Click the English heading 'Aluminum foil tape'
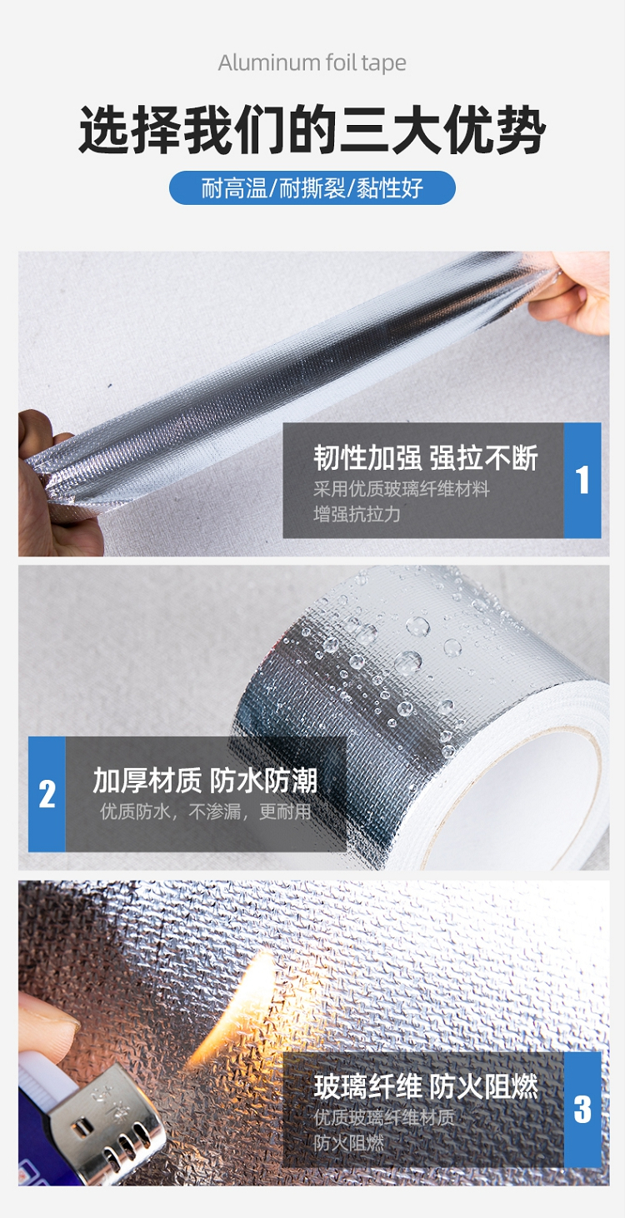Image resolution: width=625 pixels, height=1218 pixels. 312,63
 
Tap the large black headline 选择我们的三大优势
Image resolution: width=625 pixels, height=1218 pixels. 312,131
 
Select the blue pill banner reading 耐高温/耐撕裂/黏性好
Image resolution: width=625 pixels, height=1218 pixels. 312,187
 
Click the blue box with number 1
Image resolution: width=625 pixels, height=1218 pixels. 582,480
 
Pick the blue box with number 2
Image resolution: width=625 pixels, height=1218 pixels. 47,794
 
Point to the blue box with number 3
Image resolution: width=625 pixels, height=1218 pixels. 582,1110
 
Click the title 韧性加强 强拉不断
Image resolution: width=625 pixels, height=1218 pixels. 426,457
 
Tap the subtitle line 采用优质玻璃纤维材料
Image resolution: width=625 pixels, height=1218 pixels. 402,489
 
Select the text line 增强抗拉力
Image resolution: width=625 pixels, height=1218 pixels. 357,514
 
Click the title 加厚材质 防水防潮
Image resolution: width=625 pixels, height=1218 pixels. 205,781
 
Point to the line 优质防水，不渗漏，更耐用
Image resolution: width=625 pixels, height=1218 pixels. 206,811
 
